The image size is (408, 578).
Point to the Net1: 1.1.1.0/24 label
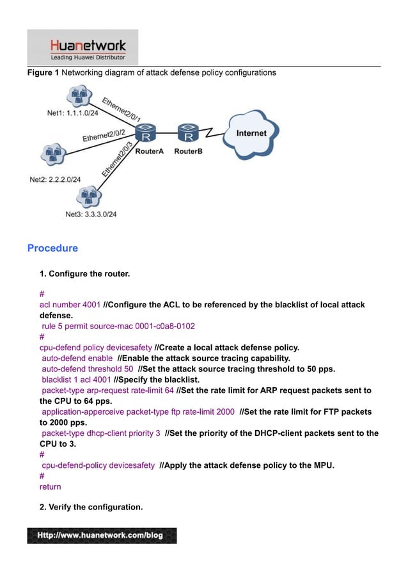[72, 113]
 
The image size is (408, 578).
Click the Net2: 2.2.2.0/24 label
[55, 179]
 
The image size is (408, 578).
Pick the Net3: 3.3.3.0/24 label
[91, 214]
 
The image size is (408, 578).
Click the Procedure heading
[52, 248]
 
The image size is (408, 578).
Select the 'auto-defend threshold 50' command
[88, 369]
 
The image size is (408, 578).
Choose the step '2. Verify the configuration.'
[91, 508]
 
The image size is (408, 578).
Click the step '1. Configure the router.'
[84, 274]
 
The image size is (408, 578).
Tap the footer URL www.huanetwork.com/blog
[101, 535]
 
